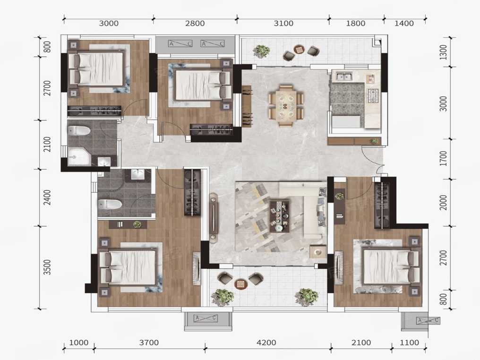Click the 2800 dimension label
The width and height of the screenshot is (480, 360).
[x=195, y=23]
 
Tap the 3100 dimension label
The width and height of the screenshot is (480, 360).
[x=283, y=23]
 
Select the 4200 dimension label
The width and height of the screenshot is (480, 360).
[x=266, y=343]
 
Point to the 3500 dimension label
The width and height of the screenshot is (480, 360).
[x=47, y=267]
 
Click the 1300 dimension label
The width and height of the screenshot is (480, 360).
[x=443, y=52]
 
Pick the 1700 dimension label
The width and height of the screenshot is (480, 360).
[x=443, y=158]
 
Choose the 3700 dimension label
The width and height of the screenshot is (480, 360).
[x=149, y=343]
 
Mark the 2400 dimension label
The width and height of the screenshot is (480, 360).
[x=47, y=197]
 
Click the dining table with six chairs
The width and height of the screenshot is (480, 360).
[x=286, y=106]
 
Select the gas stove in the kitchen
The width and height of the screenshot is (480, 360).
[x=373, y=95]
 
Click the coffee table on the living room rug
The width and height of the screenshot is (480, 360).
[x=279, y=216]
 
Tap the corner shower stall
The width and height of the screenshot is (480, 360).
[x=79, y=157]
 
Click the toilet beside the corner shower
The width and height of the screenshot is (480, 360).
[x=79, y=131]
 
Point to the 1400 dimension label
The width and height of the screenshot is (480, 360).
[x=404, y=23]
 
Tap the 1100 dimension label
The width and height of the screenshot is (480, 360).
[x=409, y=343]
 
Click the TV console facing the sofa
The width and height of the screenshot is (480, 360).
[x=214, y=217]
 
